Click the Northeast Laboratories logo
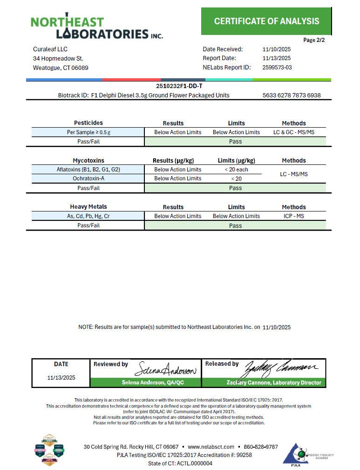pyautogui.click(x=96, y=27)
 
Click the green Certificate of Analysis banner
pyautogui.click(x=266, y=21)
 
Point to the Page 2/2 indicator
pyautogui.click(x=314, y=40)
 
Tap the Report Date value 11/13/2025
pyautogui.click(x=277, y=58)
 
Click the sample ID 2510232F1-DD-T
pyautogui.click(x=179, y=86)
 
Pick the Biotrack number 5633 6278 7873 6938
pyautogui.click(x=292, y=95)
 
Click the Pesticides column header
pyautogui.click(x=88, y=123)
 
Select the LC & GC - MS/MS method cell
pyautogui.click(x=294, y=132)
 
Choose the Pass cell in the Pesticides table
pyautogui.click(x=235, y=141)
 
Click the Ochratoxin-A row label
pyautogui.click(x=88, y=178)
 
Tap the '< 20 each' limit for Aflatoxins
pyautogui.click(x=236, y=170)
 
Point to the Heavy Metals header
pyautogui.click(x=88, y=207)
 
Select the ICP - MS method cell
pyautogui.click(x=294, y=216)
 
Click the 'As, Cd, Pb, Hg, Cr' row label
pyautogui.click(x=88, y=216)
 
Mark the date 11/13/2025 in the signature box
pyautogui.click(x=61, y=378)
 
